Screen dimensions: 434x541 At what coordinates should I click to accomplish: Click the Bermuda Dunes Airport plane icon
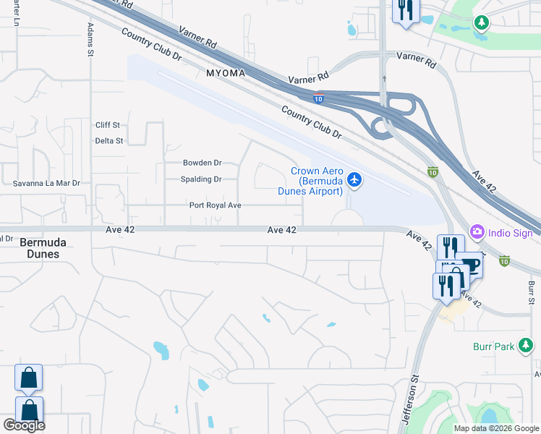coord(354,179)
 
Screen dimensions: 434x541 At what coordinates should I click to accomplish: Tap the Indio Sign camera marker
coord(477,232)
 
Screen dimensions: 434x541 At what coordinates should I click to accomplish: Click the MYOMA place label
coord(226,74)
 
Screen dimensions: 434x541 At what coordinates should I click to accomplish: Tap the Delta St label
coord(109,141)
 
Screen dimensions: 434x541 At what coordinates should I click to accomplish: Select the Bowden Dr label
coord(202,163)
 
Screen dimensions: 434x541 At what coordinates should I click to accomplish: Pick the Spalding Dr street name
coord(202,179)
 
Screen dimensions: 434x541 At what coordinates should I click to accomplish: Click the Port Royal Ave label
coord(215,205)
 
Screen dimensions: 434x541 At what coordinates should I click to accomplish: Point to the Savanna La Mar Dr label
coord(46,184)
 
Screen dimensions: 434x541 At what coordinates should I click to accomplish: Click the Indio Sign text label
coord(511,233)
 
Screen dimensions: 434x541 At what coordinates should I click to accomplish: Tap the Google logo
coord(24,425)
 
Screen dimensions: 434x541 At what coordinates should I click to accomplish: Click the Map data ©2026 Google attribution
coord(496,428)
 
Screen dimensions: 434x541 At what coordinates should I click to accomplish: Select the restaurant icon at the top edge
coord(404,10)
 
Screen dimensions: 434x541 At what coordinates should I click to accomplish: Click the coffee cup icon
coord(471,265)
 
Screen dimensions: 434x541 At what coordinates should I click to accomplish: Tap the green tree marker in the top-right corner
coord(481,22)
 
